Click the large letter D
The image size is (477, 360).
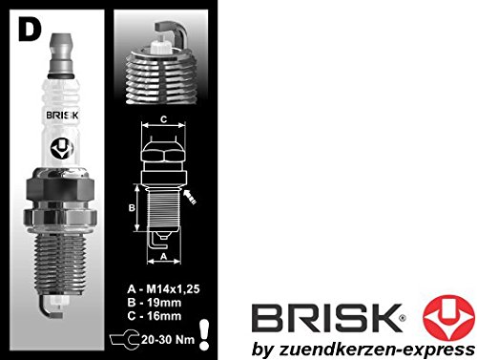(30, 29)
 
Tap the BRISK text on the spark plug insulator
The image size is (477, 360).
(62, 115)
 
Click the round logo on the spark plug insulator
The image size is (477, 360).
(62, 149)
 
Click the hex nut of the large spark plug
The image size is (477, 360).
(60, 189)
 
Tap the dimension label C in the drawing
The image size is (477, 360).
(163, 119)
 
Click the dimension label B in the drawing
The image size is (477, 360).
(132, 208)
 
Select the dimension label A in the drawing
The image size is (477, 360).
(164, 256)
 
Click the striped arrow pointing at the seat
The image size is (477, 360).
(190, 197)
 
